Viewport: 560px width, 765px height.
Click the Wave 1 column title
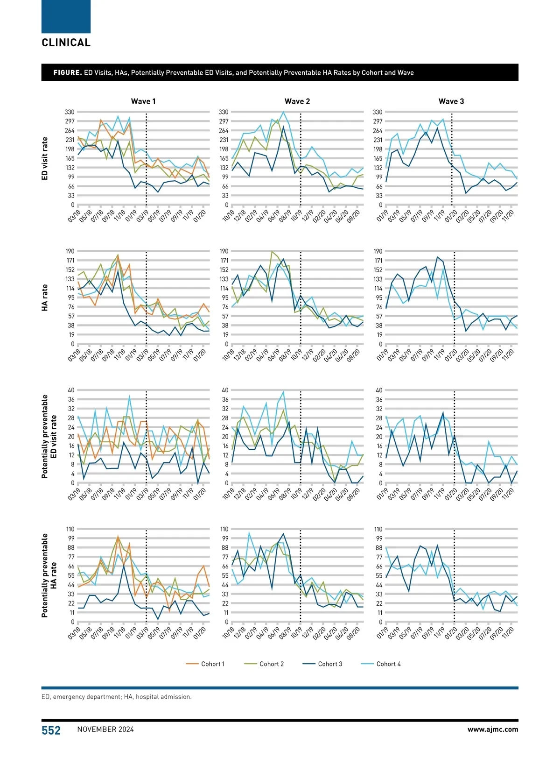pos(143,101)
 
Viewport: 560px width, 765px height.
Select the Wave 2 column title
pos(297,101)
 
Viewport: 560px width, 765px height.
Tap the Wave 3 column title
pos(451,101)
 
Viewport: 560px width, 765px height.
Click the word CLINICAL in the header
pos(66,42)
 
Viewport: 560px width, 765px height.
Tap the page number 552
pos(51,730)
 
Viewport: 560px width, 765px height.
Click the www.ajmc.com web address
pos(493,729)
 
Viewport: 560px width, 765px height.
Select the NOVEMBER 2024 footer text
pos(105,730)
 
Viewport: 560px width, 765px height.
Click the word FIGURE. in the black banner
pos(68,72)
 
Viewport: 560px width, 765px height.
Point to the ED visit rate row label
pos(45,159)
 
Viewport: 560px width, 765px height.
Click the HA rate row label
pos(45,297)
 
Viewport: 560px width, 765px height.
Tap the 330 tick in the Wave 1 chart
pos(70,112)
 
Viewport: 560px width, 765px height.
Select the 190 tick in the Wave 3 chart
pos(378,251)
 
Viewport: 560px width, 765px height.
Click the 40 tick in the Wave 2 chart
pos(225,390)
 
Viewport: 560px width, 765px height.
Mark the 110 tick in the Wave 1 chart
pos(70,529)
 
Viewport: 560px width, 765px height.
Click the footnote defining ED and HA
pos(116,696)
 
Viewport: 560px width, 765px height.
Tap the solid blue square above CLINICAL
pos(66,16)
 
